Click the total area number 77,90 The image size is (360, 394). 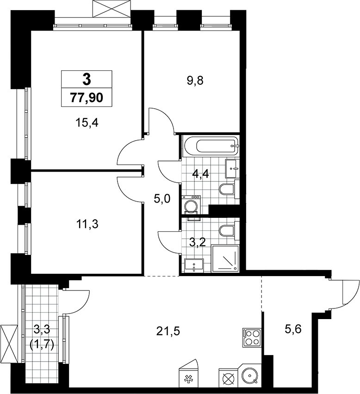[x=87, y=98]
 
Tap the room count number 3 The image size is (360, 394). [x=87, y=80]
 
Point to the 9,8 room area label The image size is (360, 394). [x=195, y=81]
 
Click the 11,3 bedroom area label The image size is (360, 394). [x=87, y=224]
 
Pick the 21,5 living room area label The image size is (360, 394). [x=168, y=332]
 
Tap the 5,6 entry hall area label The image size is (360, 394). [x=293, y=329]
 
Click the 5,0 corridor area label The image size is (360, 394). [x=162, y=199]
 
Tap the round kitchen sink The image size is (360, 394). [x=250, y=376]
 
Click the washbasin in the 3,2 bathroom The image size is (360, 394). [x=194, y=265]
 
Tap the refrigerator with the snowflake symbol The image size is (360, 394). [x=187, y=376]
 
